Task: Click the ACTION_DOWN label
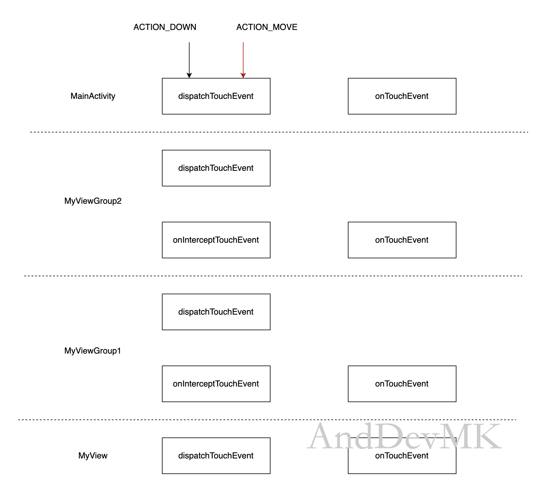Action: pos(165,27)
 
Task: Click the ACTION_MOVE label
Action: pos(267,27)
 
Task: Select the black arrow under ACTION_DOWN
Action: pos(189,60)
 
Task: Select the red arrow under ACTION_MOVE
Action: pos(243,60)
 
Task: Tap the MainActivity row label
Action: pos(93,96)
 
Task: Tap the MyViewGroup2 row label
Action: pos(93,201)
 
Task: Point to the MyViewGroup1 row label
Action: pos(92,351)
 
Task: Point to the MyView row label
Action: pos(93,455)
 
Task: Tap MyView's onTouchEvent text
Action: pos(402,456)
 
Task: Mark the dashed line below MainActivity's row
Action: pos(279,132)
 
